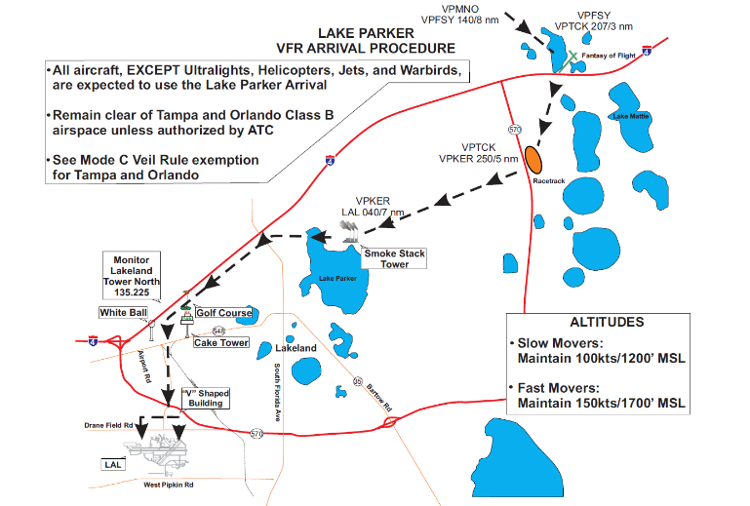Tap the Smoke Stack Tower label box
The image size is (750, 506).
pos(394,258)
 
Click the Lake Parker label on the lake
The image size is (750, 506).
pos(336,278)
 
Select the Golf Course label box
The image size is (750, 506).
pos(223,313)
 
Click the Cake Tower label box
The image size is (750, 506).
pos(220,342)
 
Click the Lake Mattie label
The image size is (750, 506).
pos(630,116)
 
